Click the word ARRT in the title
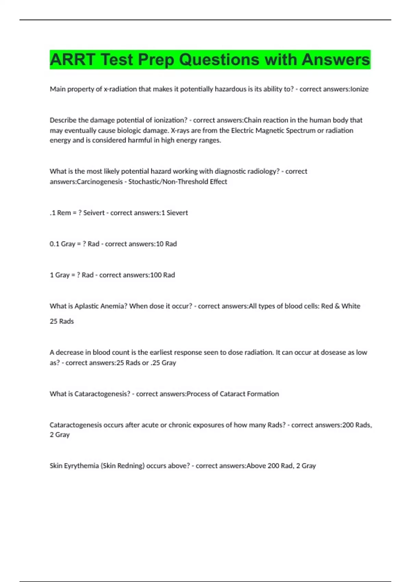click(x=72, y=60)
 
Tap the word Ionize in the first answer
click(x=359, y=89)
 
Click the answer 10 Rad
click(x=166, y=244)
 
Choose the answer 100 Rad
click(x=163, y=275)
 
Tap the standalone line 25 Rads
click(x=62, y=321)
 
